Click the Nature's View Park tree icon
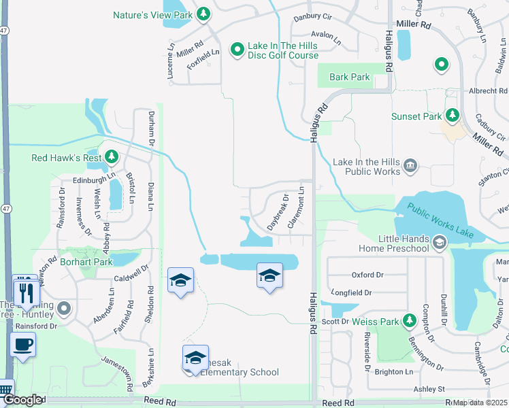(203, 14)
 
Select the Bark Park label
(350, 77)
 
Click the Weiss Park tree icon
(409, 320)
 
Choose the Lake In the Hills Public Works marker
(410, 166)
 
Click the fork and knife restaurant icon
(26, 292)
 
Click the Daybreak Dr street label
(279, 212)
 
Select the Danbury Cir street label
(312, 18)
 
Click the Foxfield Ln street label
(203, 59)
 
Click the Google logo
(22, 401)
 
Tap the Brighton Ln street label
(393, 372)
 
